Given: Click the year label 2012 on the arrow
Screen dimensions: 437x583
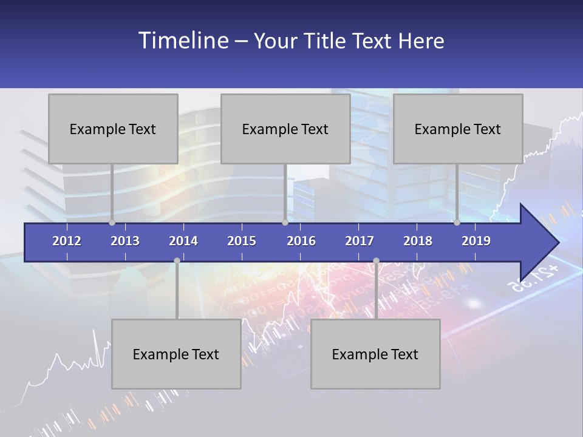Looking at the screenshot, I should click(x=67, y=241).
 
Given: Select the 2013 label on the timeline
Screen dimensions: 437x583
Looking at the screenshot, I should click(x=125, y=241).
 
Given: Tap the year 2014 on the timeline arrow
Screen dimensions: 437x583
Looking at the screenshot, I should click(x=183, y=241).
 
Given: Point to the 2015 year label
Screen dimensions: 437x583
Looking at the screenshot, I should click(x=242, y=241).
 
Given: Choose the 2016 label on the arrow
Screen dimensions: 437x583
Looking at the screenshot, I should click(x=301, y=241).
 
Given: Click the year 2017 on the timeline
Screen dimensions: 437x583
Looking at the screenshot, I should click(x=360, y=241).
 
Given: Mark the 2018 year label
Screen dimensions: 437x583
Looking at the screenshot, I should click(x=418, y=241).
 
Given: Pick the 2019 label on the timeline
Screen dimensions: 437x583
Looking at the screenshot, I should click(x=476, y=241).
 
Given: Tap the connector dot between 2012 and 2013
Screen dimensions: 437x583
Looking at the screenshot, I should click(x=112, y=222).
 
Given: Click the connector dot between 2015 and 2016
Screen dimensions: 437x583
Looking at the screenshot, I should click(x=285, y=222).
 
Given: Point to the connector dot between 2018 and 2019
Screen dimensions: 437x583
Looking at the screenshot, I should click(x=457, y=222).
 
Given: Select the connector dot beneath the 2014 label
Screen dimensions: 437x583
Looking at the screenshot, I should click(x=177, y=260).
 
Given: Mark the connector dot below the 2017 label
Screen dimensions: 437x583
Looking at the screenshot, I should click(x=376, y=260).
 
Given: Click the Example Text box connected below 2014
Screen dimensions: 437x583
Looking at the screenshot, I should click(x=176, y=354).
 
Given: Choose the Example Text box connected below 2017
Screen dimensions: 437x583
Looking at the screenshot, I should click(x=375, y=354).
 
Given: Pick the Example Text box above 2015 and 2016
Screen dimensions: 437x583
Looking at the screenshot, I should click(x=285, y=129).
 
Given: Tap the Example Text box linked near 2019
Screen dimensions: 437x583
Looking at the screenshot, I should click(x=458, y=129).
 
